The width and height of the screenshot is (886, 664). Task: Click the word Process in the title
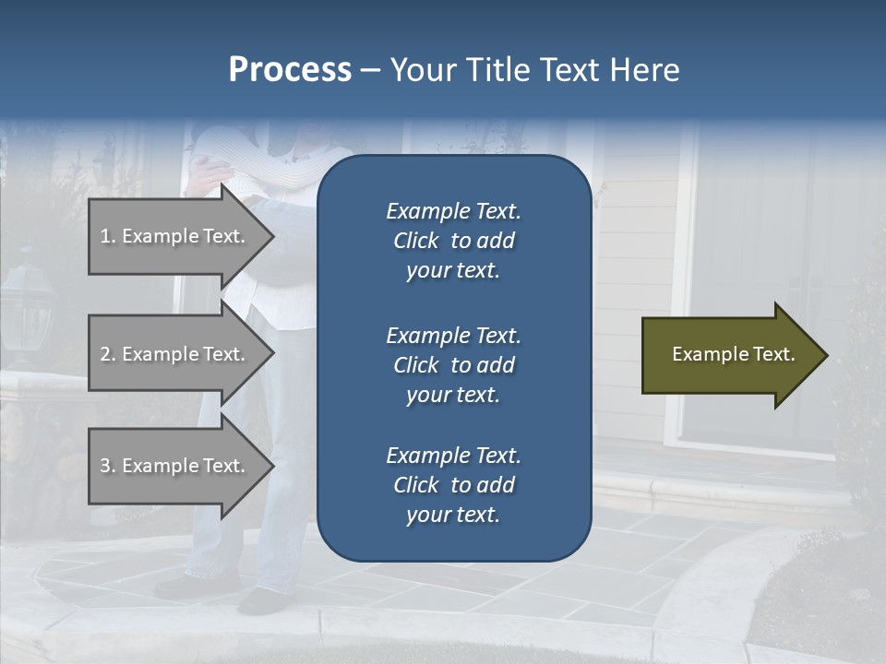coord(290,70)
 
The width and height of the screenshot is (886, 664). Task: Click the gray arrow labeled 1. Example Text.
coord(175,236)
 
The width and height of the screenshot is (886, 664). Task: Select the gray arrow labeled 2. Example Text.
coord(175,354)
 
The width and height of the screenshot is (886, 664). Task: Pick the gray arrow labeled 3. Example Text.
coord(175,466)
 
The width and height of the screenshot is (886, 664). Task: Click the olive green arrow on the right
coord(729,355)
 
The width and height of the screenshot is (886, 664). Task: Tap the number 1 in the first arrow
coord(105,236)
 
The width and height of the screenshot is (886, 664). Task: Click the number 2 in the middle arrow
coord(105,354)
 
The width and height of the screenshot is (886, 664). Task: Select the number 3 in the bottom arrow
coord(105,466)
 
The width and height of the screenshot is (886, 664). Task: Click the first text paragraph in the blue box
coord(453,241)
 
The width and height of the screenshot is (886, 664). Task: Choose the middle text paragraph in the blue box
coord(453,365)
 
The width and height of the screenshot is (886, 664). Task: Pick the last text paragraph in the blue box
coord(453,485)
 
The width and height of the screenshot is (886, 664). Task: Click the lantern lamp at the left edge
coord(27,304)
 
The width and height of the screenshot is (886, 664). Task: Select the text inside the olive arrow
coord(733,354)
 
